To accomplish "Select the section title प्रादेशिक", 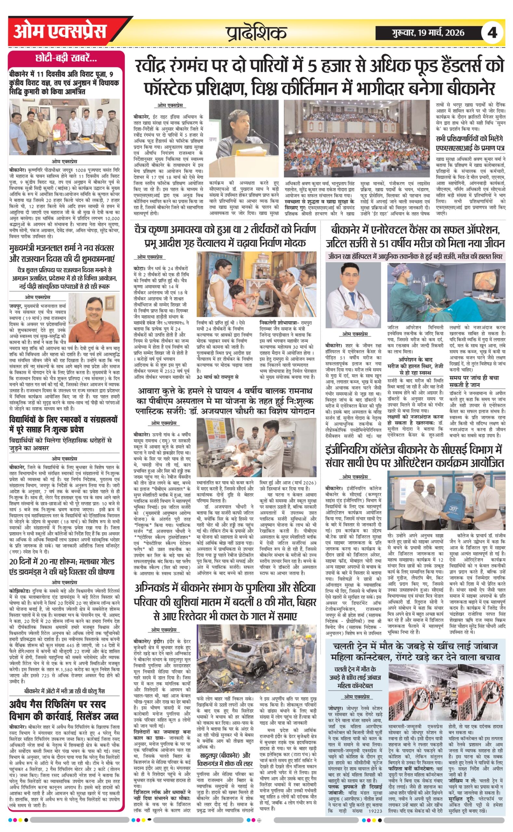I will [256, 33].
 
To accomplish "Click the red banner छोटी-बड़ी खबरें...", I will [66, 59].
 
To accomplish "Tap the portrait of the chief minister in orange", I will [94, 319].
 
